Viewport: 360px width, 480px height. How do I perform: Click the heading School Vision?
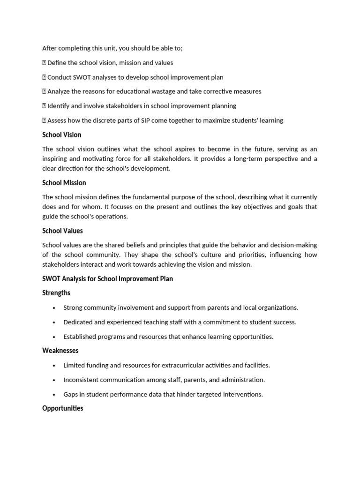(61, 135)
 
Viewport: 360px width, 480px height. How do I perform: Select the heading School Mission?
(64, 183)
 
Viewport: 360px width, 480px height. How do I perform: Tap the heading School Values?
(62, 231)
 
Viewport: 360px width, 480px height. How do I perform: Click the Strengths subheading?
(56, 293)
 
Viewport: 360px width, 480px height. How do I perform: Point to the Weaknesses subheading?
(60, 351)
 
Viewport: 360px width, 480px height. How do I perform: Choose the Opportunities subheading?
(63, 408)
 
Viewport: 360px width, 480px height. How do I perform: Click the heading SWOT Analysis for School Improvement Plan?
(107, 279)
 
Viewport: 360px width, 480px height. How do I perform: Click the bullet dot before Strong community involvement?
(54, 308)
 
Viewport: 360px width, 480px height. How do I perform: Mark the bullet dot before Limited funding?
(54, 366)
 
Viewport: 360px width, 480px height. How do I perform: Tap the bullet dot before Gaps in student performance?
(54, 395)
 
